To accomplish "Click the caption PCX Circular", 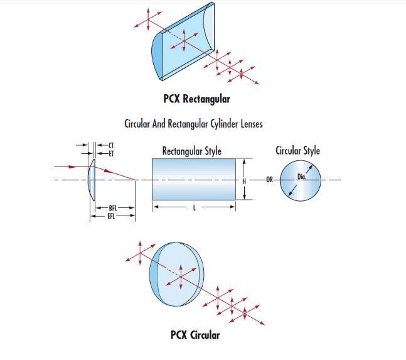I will (x=195, y=335).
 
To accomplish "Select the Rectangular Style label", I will (x=191, y=151).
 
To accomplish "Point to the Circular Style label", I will (x=297, y=151).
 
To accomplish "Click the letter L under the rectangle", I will (x=194, y=208).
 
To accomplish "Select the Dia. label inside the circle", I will (x=302, y=177).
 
